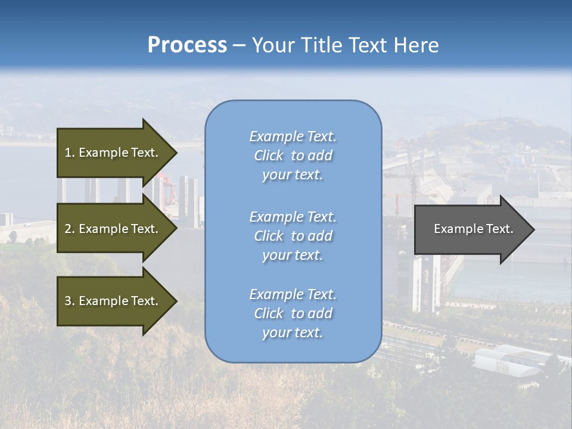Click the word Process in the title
[x=187, y=45]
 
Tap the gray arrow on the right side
[x=471, y=229]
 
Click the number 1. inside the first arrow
[x=69, y=153]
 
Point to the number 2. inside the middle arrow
[x=69, y=229]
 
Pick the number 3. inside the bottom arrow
[x=69, y=301]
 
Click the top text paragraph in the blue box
[x=293, y=156]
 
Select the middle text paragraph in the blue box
[x=293, y=236]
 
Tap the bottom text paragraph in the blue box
[x=293, y=313]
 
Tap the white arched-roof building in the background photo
[x=506, y=360]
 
